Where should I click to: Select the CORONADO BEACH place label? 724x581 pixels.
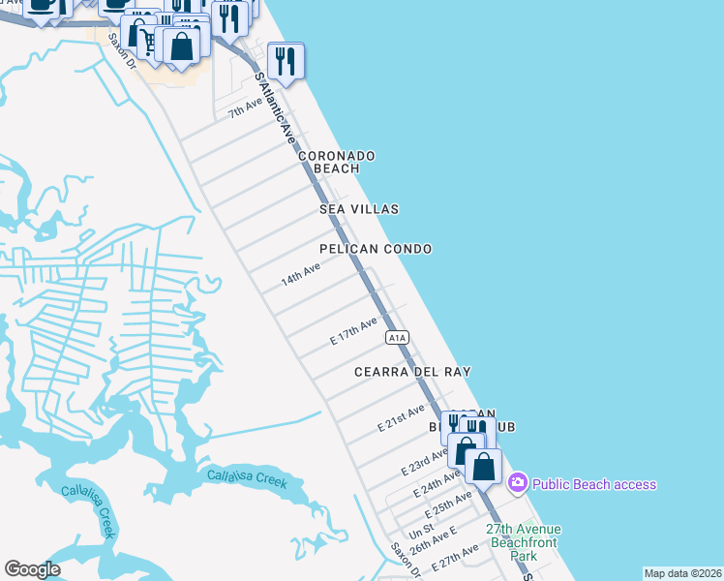tap(336, 162)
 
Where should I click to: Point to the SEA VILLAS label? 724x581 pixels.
tap(359, 209)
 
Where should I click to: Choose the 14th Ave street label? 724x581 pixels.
tap(300, 274)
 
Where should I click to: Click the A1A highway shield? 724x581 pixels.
tap(398, 337)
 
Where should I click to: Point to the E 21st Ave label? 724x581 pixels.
tap(402, 419)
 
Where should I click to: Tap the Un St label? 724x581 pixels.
tap(421, 533)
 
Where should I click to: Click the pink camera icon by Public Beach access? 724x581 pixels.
tap(518, 483)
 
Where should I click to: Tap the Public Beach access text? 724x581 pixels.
tap(594, 484)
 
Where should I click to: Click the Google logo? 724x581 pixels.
tap(32, 569)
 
